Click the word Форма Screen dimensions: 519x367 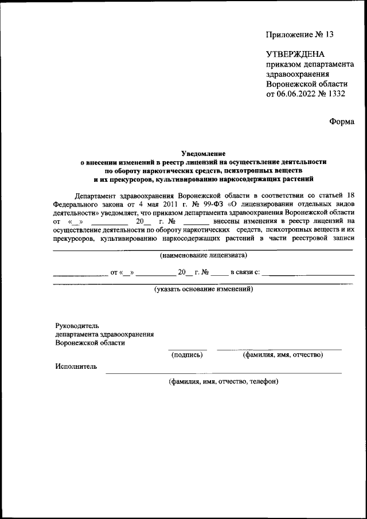coord(342,121)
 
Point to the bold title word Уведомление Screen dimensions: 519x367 coord(204,153)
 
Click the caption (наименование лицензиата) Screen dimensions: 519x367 coord(204,255)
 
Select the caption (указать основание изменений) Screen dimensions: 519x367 coord(204,289)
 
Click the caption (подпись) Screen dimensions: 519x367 coord(187,356)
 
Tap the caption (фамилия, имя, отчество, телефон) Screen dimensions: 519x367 coord(223,381)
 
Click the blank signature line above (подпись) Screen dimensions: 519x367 coord(187,349)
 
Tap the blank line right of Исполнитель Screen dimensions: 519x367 coord(224,373)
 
